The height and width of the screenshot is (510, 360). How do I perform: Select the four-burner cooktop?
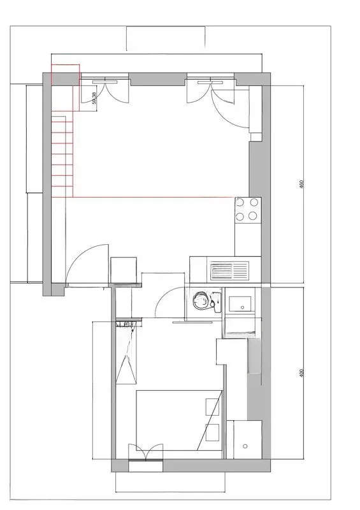pyautogui.click(x=248, y=210)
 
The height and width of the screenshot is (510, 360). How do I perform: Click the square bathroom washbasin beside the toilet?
pyautogui.click(x=241, y=303)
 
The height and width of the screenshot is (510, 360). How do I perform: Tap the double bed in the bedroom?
pyautogui.click(x=178, y=421)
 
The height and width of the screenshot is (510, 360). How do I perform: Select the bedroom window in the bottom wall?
pyautogui.click(x=146, y=465)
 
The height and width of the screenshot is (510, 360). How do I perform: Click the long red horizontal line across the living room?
pyautogui.click(x=153, y=197)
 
